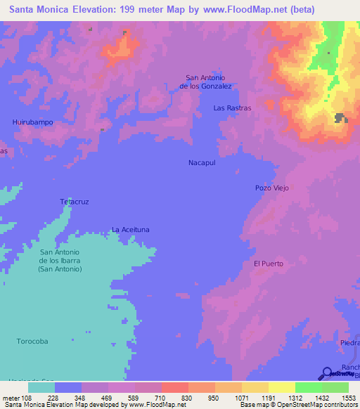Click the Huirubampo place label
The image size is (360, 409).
click(x=33, y=122)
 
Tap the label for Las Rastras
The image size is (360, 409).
click(x=232, y=108)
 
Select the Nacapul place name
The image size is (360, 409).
click(x=202, y=162)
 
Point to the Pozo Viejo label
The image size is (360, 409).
click(x=272, y=188)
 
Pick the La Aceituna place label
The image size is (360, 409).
click(x=131, y=230)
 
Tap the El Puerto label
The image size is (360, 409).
click(x=268, y=264)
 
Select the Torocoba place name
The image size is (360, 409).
click(x=32, y=341)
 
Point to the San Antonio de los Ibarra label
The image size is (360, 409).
click(x=60, y=261)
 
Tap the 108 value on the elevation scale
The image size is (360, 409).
click(x=28, y=397)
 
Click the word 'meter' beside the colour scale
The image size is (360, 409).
click(x=11, y=397)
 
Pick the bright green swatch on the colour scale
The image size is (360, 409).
click(x=309, y=387)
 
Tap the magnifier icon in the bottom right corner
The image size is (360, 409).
click(x=327, y=375)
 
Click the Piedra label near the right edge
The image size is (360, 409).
click(x=349, y=342)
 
